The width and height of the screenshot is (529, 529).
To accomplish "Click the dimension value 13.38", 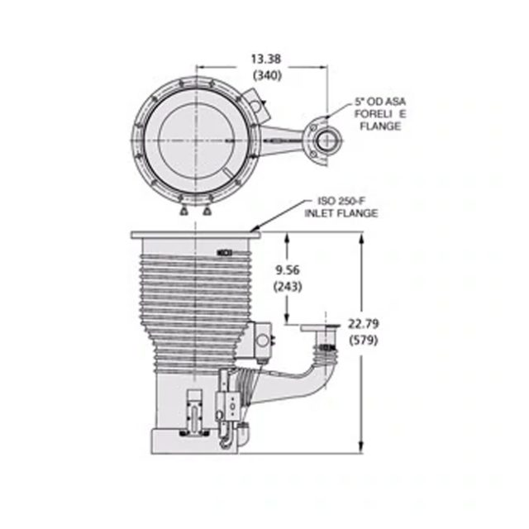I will (264, 60).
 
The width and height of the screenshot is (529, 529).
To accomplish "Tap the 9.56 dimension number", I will (286, 270).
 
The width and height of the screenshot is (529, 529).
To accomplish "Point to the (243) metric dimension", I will (286, 287).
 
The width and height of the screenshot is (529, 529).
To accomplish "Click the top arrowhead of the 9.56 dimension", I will (287, 236).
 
